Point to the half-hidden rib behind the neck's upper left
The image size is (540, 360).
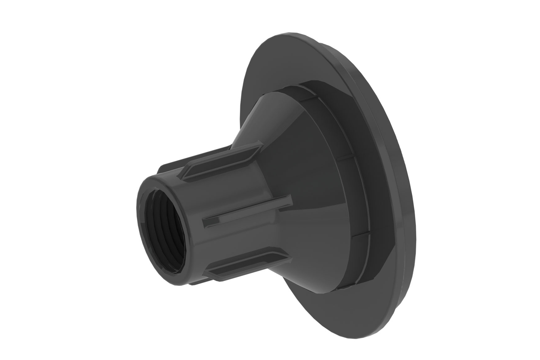[164, 170]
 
